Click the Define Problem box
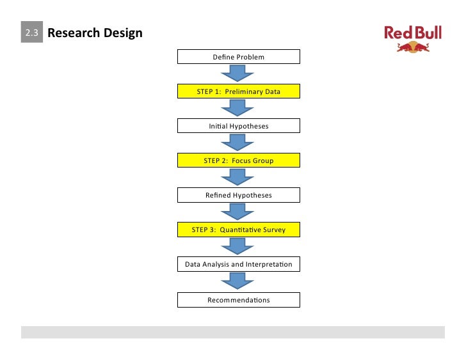pos(238,58)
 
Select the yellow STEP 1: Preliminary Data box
pos(238,92)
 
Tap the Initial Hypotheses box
pos(238,127)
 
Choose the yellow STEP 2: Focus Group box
pos(238,160)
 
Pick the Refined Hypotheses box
pos(238,195)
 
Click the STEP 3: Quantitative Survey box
pos(238,230)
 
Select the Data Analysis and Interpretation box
pos(238,264)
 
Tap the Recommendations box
pos(238,300)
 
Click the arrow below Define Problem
pos(238,74)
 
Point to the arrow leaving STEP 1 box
pos(238,109)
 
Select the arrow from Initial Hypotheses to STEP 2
pos(238,143)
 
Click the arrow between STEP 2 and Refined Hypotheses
pos(238,178)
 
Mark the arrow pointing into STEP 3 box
pos(238,212)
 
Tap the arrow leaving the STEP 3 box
pos(238,247)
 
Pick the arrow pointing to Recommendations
pos(238,281)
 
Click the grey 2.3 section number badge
pos(31,33)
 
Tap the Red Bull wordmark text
pos(413,33)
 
